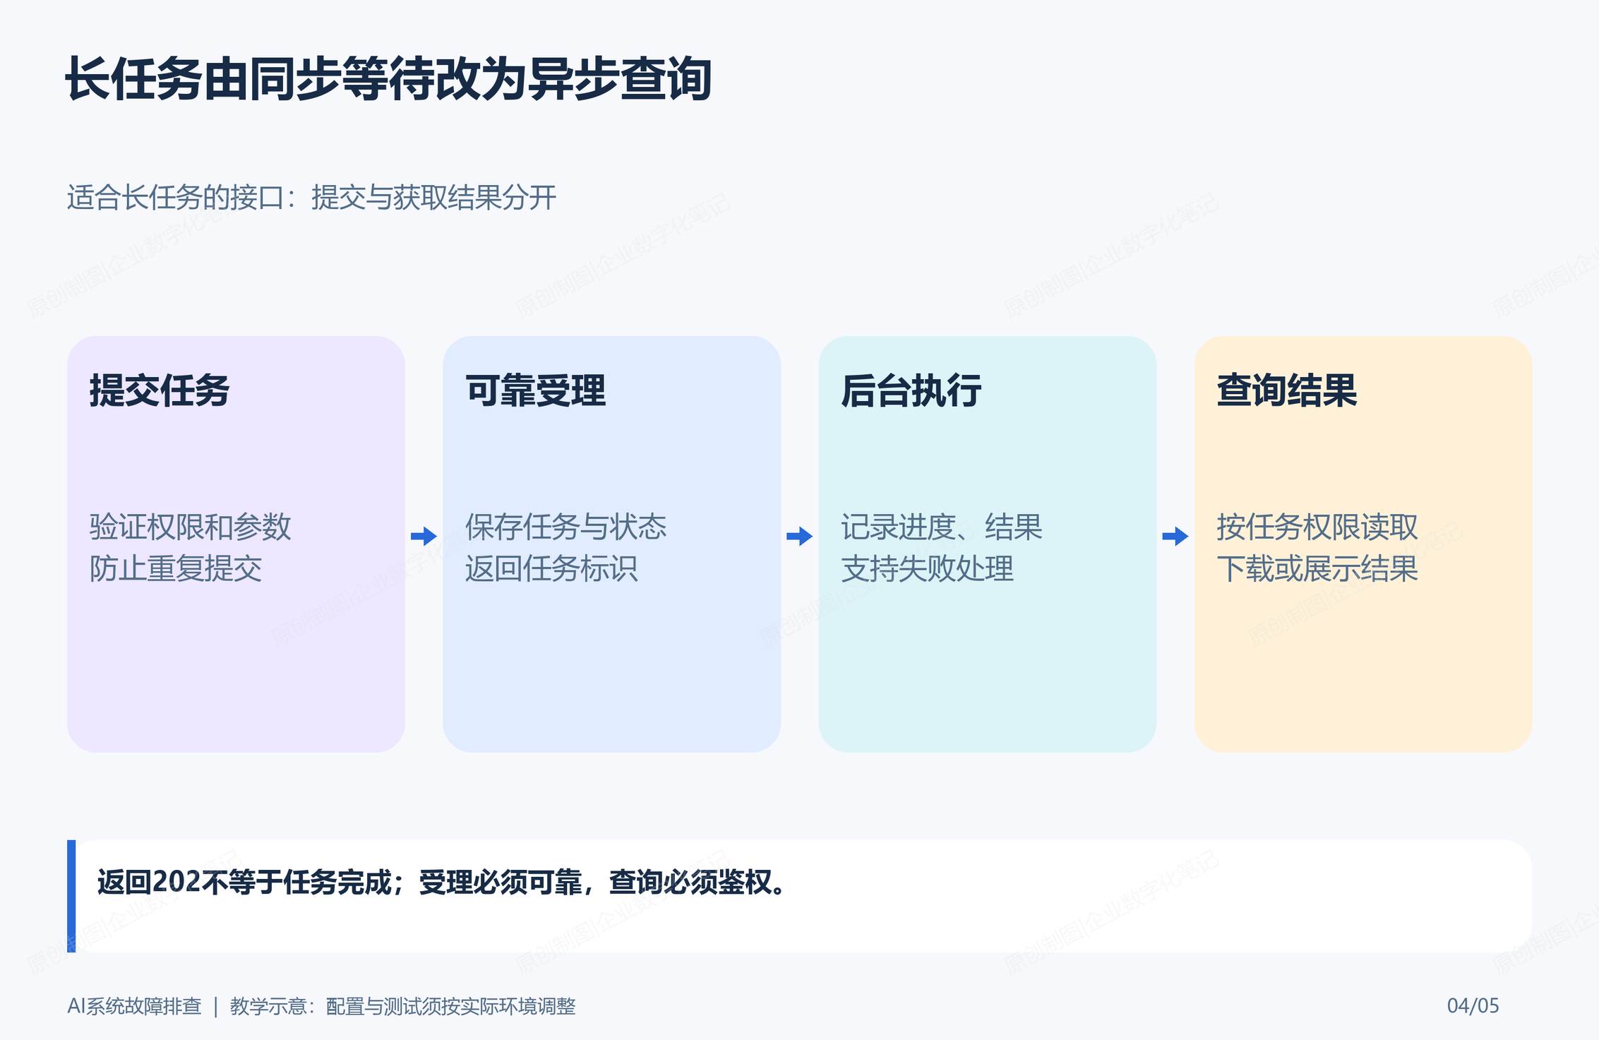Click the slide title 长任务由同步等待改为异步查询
tap(388, 78)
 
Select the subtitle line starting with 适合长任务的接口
tap(311, 197)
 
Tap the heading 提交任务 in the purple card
tap(160, 390)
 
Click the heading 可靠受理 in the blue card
tap(535, 390)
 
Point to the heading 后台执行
tap(911, 390)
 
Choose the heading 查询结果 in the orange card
tap(1286, 390)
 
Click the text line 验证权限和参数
tap(190, 527)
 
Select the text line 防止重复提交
tap(175, 568)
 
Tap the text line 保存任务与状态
tap(565, 527)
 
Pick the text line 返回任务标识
tap(551, 568)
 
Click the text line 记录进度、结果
tap(941, 527)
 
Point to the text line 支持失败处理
tap(927, 568)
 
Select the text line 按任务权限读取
tap(1317, 527)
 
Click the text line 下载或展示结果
tap(1317, 568)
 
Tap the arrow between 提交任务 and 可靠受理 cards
tap(424, 537)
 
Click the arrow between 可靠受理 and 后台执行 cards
tap(799, 537)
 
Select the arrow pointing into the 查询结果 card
tap(1175, 537)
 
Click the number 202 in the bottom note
tap(176, 882)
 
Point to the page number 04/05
tap(1473, 1005)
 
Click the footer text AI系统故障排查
tap(134, 1006)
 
